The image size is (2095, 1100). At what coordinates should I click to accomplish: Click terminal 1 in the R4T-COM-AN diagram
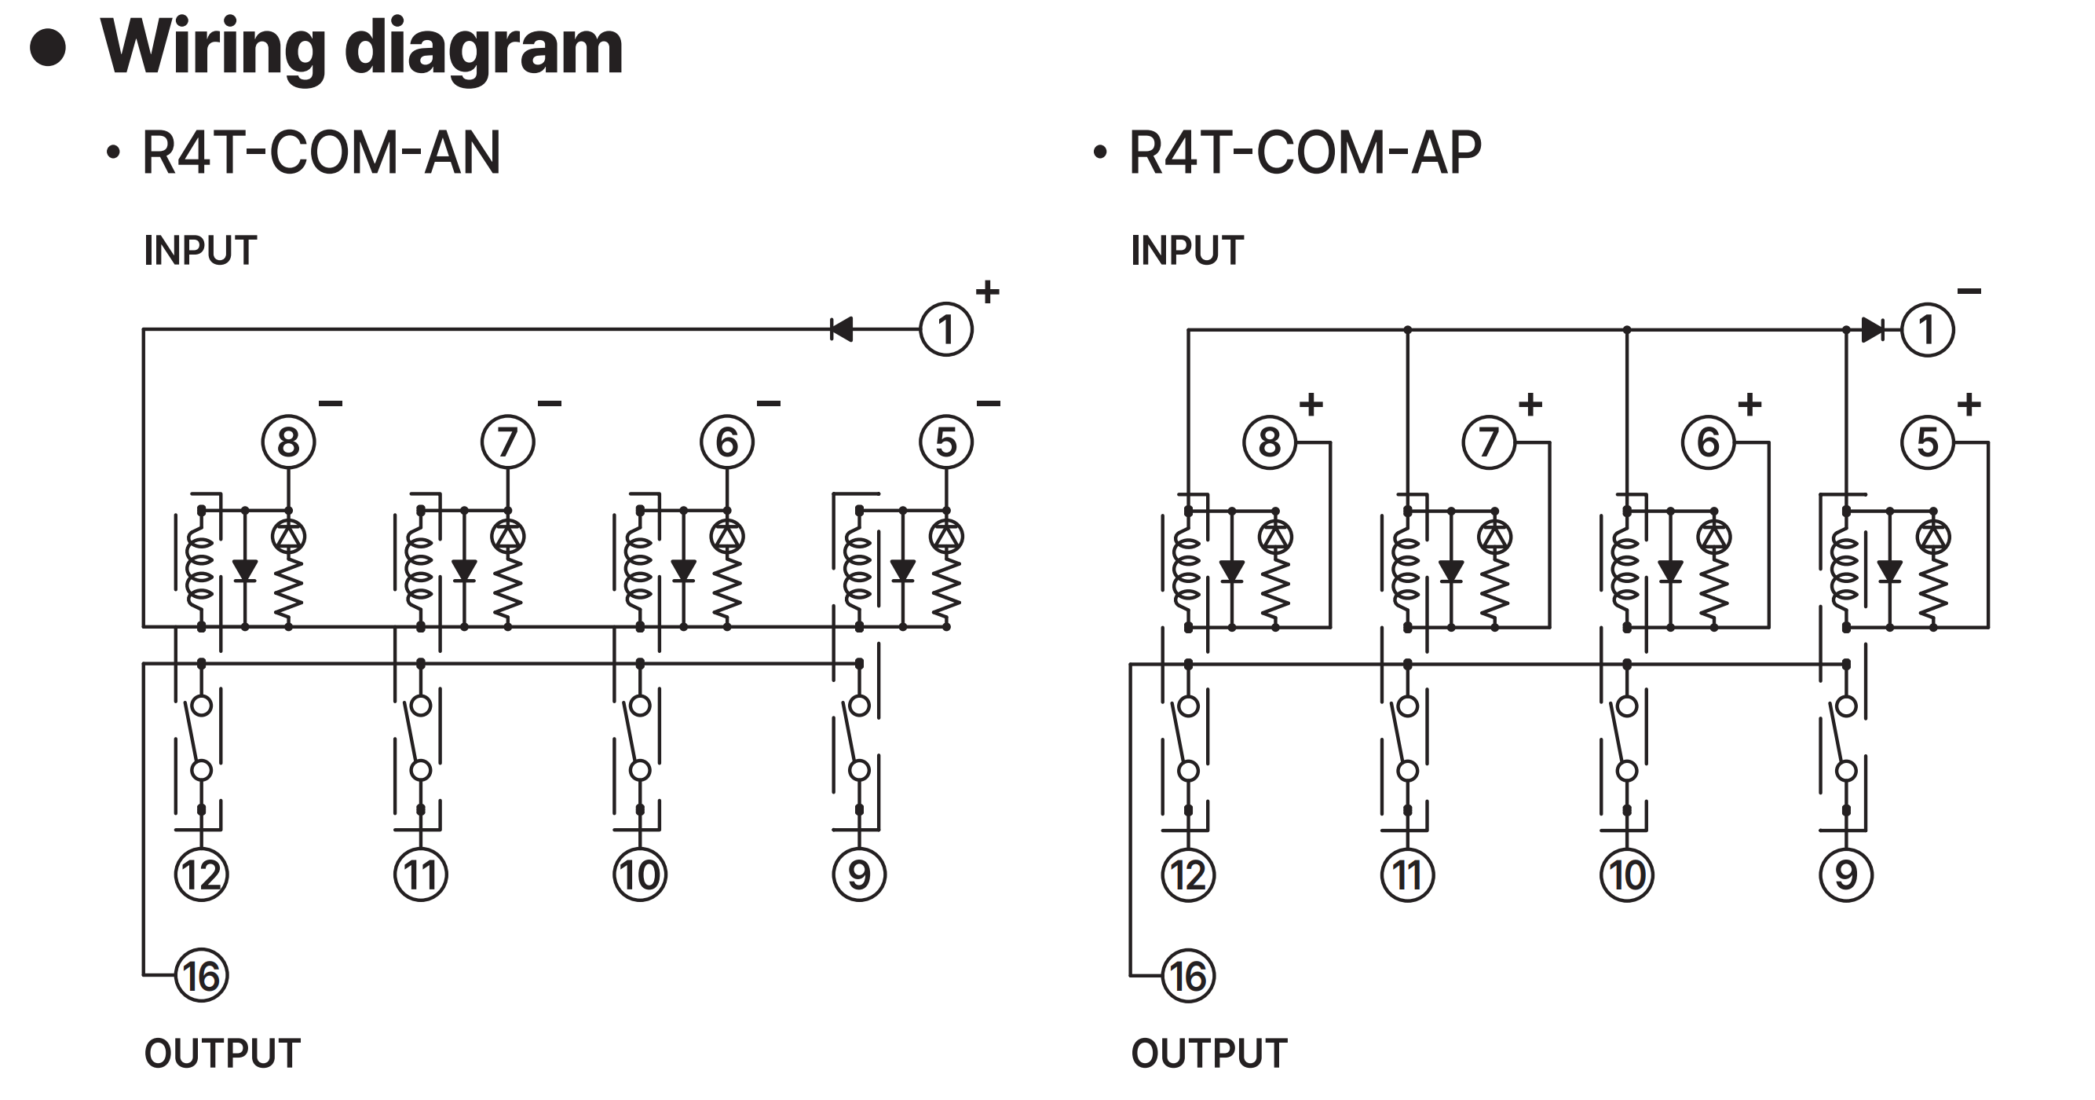[946, 329]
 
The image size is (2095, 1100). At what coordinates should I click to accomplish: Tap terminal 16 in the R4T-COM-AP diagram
[1188, 976]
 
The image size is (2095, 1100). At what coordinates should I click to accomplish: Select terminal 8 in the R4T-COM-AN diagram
[289, 442]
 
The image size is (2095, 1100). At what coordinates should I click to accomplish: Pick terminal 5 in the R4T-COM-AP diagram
[1928, 442]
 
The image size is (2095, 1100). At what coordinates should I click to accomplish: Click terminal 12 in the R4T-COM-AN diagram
[202, 874]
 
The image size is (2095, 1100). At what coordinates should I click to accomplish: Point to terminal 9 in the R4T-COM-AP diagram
[1846, 874]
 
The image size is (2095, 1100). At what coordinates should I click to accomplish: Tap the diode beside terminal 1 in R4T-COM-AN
[841, 329]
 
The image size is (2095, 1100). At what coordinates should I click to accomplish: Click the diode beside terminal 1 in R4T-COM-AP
[1872, 329]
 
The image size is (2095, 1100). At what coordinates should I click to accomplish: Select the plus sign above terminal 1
[987, 291]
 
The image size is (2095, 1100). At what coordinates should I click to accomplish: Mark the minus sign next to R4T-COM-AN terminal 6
[769, 403]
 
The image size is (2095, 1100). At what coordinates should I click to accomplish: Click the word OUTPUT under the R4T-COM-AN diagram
[222, 1053]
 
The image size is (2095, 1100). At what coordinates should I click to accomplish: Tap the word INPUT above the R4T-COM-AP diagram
[1186, 250]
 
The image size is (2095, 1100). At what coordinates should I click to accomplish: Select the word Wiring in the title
[214, 49]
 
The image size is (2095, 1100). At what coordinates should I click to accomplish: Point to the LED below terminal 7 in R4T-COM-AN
[508, 535]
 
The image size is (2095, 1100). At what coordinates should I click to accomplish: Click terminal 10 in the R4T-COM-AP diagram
[1626, 874]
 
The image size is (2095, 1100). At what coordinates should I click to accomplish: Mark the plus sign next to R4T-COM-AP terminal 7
[1530, 404]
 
